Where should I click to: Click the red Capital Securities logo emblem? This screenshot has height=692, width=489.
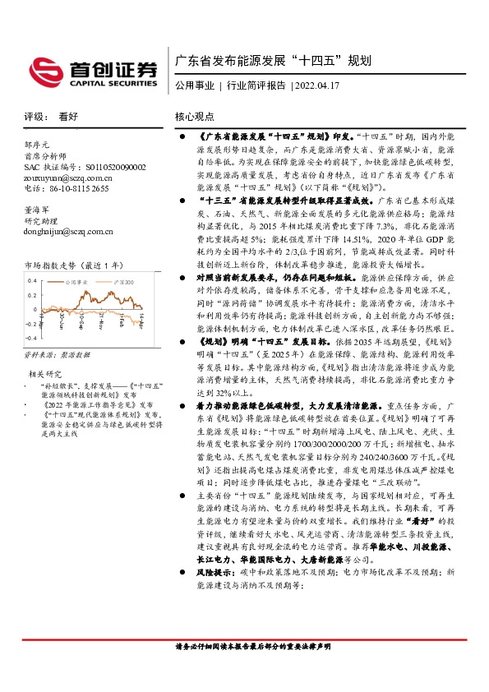tap(43, 70)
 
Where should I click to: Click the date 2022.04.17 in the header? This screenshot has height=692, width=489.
tap(316, 85)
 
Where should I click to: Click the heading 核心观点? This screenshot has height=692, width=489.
tap(194, 118)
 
